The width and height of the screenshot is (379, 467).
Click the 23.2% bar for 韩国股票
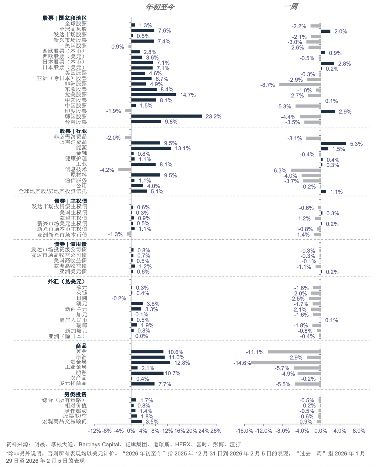166,116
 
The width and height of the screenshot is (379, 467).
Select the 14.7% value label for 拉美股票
188,95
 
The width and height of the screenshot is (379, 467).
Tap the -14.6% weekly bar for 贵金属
286,363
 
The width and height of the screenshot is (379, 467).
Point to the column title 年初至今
160,7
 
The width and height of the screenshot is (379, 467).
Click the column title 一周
291,6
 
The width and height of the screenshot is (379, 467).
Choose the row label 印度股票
76,111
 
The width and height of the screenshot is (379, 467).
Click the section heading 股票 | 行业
73,131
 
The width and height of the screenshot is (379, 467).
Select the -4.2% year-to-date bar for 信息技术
125,169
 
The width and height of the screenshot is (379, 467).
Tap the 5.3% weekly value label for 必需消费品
356,144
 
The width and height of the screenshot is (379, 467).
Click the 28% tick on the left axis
216,431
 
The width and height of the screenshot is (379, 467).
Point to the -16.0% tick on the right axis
244,431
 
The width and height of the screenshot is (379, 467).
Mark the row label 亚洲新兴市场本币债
62,235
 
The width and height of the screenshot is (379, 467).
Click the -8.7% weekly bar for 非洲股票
300,84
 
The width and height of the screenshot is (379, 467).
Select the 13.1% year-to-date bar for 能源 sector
151,148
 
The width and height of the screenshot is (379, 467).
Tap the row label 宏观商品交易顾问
64,421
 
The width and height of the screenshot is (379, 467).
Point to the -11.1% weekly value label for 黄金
254,352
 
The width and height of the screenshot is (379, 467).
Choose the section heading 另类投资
75,394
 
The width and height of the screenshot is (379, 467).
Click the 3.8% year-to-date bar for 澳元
137,304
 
